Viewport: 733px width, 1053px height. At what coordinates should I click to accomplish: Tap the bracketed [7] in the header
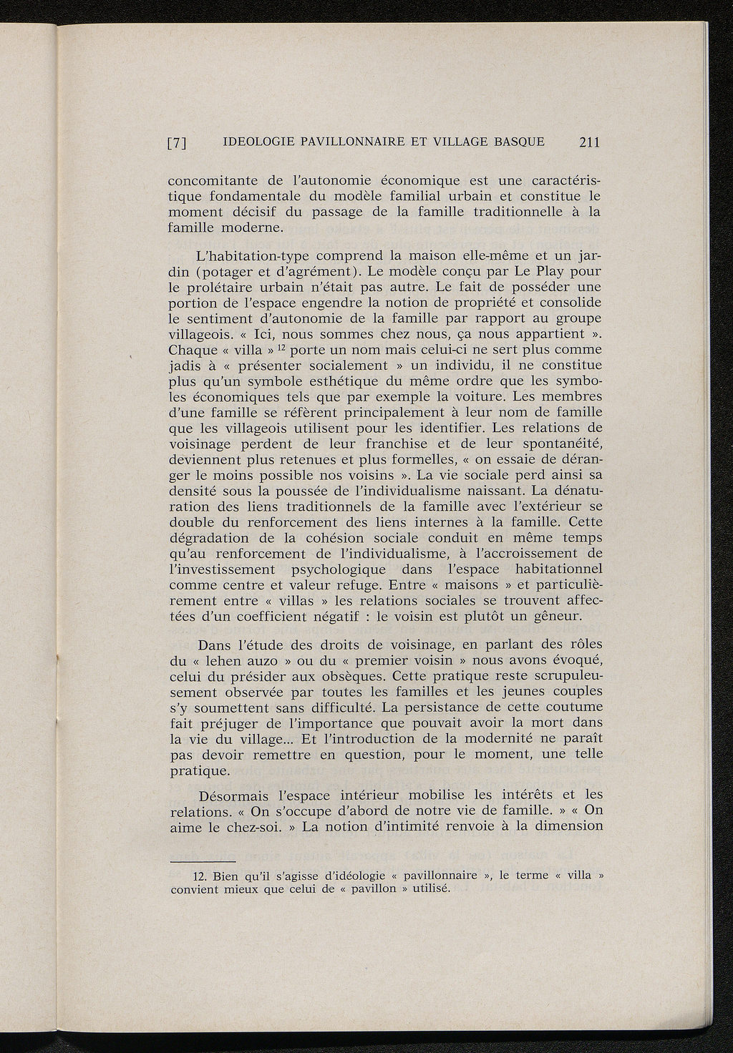177,143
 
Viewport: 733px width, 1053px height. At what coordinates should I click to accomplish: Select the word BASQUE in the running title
519,142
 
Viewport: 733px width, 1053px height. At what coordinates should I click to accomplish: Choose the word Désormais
233,795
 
